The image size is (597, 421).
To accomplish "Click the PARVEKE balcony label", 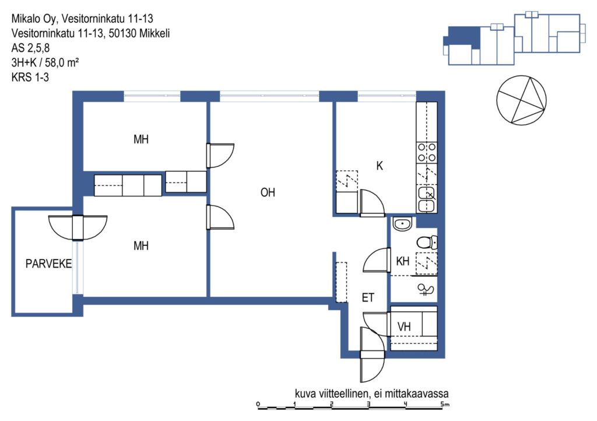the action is (48, 264).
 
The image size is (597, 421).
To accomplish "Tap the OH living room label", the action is (268, 192).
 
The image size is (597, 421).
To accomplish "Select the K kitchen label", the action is (379, 166).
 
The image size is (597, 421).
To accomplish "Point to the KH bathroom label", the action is (403, 261).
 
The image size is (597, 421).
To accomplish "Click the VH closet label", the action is (404, 327).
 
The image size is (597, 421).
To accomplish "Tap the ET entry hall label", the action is (368, 297).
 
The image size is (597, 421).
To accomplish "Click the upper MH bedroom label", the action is (141, 139).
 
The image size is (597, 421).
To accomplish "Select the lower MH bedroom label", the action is (141, 246).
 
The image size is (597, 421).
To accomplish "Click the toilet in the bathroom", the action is (427, 242).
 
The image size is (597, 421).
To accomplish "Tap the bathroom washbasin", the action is (402, 224).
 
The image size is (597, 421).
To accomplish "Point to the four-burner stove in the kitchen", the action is (427, 152).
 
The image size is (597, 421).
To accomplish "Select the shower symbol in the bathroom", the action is (426, 290).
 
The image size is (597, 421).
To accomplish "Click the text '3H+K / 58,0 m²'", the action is (45, 62).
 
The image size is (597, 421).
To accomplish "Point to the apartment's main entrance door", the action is (373, 355).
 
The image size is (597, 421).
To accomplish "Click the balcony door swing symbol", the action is (78, 227).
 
